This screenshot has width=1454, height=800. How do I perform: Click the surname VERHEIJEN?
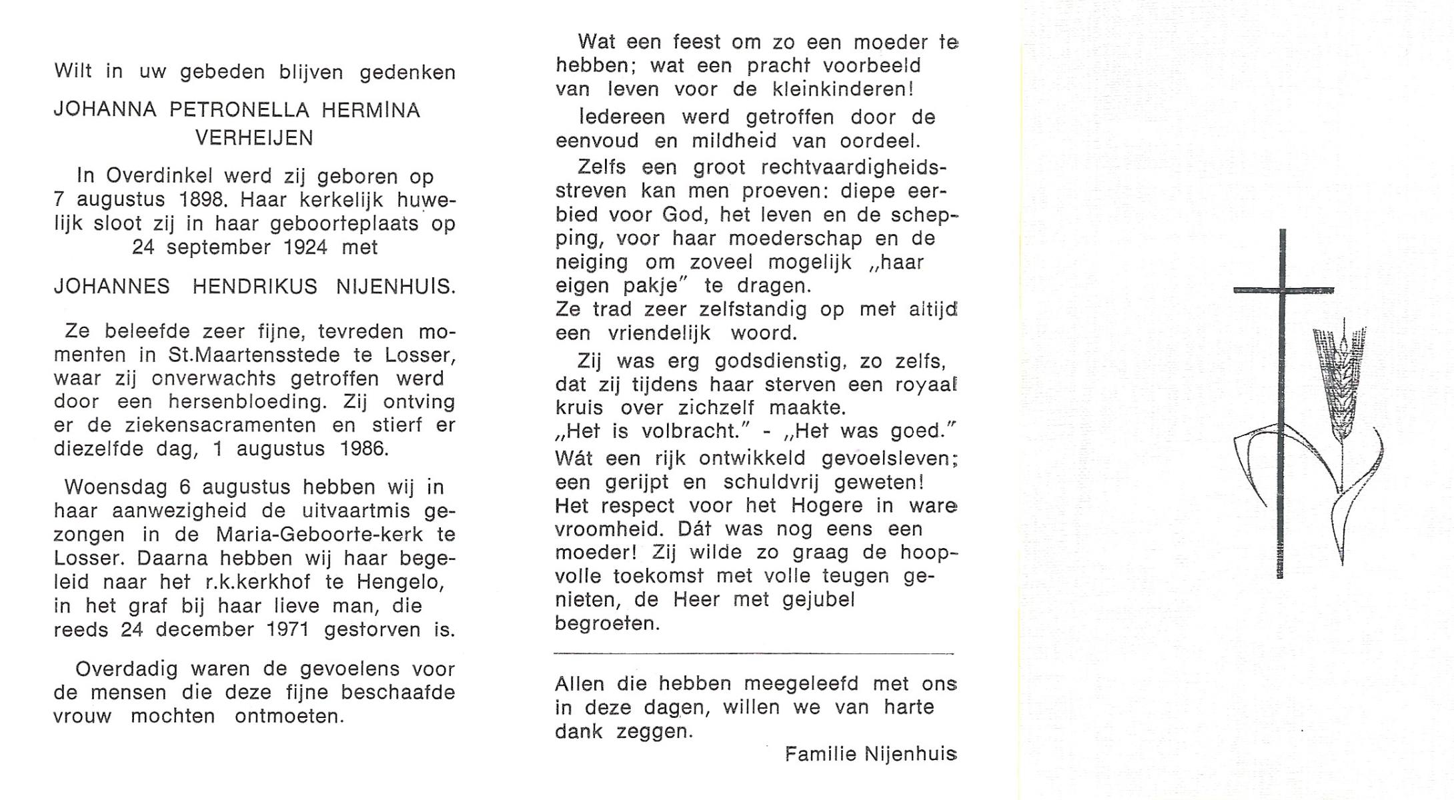tap(253, 138)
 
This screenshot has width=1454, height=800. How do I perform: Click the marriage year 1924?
tap(305, 247)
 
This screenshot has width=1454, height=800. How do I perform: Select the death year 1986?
tap(363, 449)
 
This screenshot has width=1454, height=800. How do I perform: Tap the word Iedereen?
tap(623, 117)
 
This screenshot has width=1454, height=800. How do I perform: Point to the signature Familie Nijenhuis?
tap(870, 755)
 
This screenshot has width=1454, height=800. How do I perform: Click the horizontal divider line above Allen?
tap(754, 654)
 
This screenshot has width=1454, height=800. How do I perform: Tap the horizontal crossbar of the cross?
tap(1283, 291)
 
